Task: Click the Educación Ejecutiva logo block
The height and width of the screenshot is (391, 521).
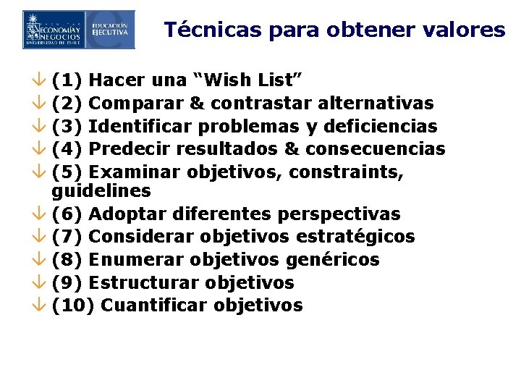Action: [x=110, y=30]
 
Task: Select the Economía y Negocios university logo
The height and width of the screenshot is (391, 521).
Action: [x=54, y=30]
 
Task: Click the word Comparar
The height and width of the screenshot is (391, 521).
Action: [x=136, y=104]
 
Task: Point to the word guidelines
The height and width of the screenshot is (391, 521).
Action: [x=101, y=191]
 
